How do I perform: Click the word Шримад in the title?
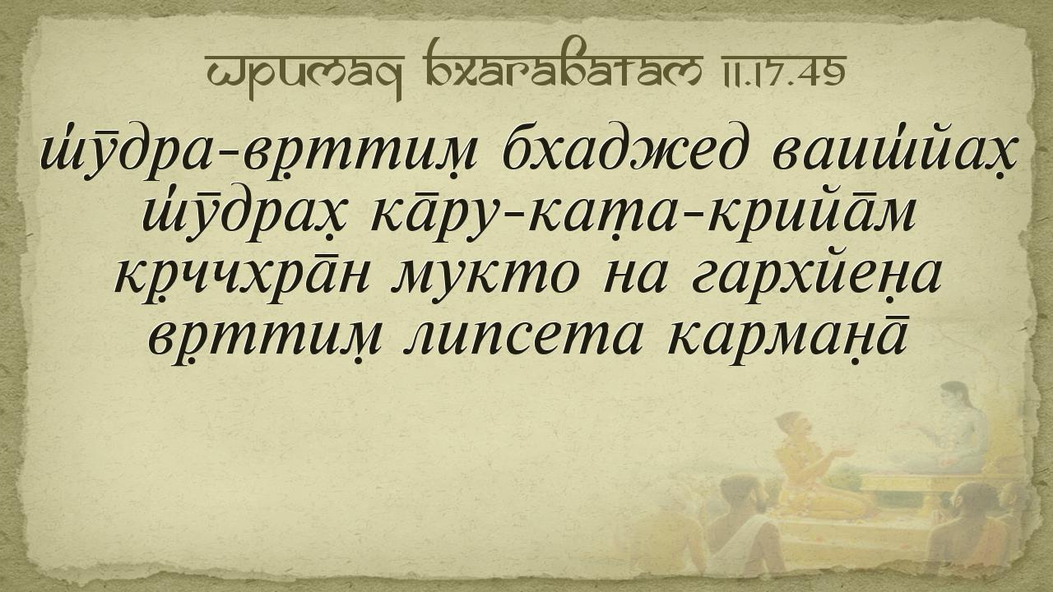(304, 74)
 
